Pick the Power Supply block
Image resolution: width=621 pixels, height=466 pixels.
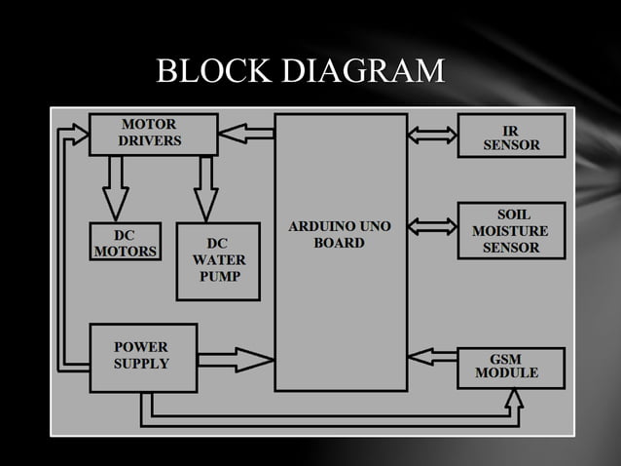(142, 357)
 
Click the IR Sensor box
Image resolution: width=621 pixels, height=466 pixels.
(511, 136)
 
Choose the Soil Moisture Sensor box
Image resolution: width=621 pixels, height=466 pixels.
(511, 231)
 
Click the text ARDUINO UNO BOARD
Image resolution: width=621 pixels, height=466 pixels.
(340, 235)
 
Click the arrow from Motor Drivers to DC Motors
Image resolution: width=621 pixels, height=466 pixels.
(117, 186)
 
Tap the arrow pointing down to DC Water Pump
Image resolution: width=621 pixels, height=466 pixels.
(204, 187)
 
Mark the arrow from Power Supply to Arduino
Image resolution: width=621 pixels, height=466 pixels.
(236, 360)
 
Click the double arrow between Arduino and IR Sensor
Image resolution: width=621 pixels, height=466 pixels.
(431, 135)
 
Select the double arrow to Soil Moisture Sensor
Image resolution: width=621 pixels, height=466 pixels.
(431, 226)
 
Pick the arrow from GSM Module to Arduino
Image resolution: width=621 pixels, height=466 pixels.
(431, 354)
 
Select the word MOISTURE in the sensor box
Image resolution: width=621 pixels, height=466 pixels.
(510, 231)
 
